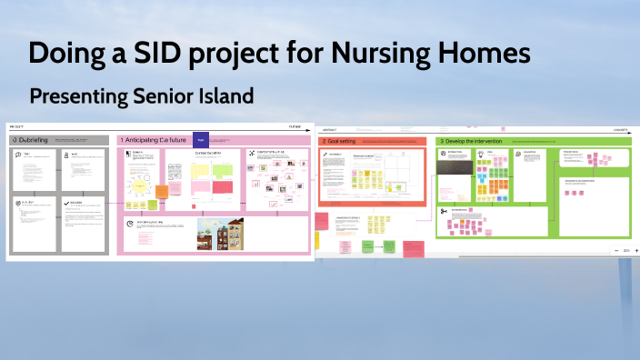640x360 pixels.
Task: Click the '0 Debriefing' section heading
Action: coord(35,141)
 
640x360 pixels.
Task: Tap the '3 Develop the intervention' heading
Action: coord(471,142)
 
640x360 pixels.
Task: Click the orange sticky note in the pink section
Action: coord(162,192)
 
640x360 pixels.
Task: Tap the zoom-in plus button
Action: coord(635,250)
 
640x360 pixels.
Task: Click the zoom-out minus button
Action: coord(616,250)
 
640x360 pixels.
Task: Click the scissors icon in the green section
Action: coord(443,211)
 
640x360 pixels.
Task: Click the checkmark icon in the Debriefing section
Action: coord(66,204)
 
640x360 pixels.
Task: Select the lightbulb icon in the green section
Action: coord(480,155)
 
